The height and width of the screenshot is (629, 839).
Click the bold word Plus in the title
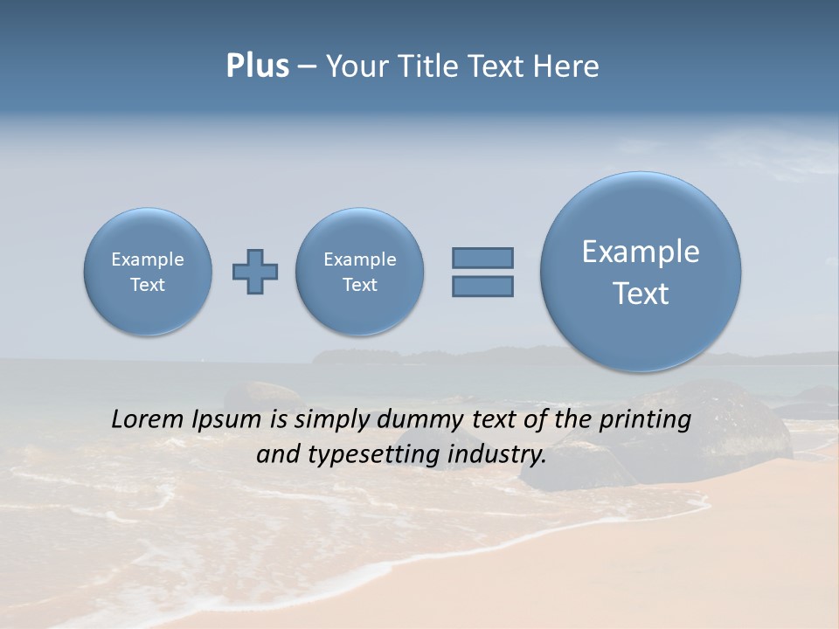pos(257,66)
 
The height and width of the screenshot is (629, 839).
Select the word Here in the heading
pos(565,66)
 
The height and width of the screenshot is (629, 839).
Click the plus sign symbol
pos(255,272)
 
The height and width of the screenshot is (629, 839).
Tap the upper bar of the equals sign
pos(482,258)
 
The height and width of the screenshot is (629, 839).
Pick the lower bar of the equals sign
pos(482,287)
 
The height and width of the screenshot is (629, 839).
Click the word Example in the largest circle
pos(641,252)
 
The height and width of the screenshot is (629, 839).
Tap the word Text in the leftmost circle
pos(148,285)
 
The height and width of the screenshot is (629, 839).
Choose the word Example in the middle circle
pos(360,259)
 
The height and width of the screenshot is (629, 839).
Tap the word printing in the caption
pos(645,419)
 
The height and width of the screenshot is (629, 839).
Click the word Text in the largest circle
pos(641,294)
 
